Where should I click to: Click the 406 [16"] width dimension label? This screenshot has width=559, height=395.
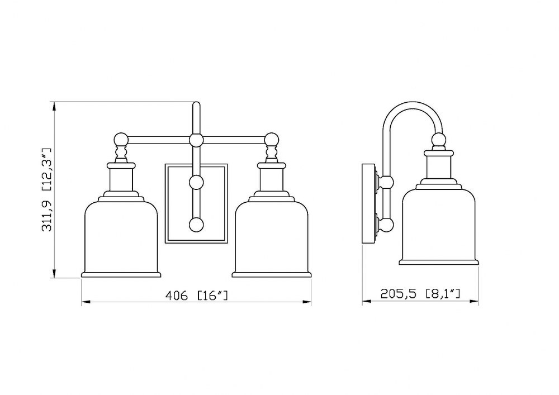[x=196, y=296]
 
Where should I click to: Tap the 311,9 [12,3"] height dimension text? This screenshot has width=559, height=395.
[x=47, y=190]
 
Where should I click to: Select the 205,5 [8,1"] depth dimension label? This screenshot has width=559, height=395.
[x=420, y=294]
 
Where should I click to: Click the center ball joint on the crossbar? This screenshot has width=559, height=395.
[x=196, y=140]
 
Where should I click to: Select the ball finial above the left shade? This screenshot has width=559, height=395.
[x=121, y=140]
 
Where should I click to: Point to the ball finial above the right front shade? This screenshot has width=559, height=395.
[x=272, y=140]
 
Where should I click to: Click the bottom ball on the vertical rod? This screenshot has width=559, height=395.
[x=196, y=225]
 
